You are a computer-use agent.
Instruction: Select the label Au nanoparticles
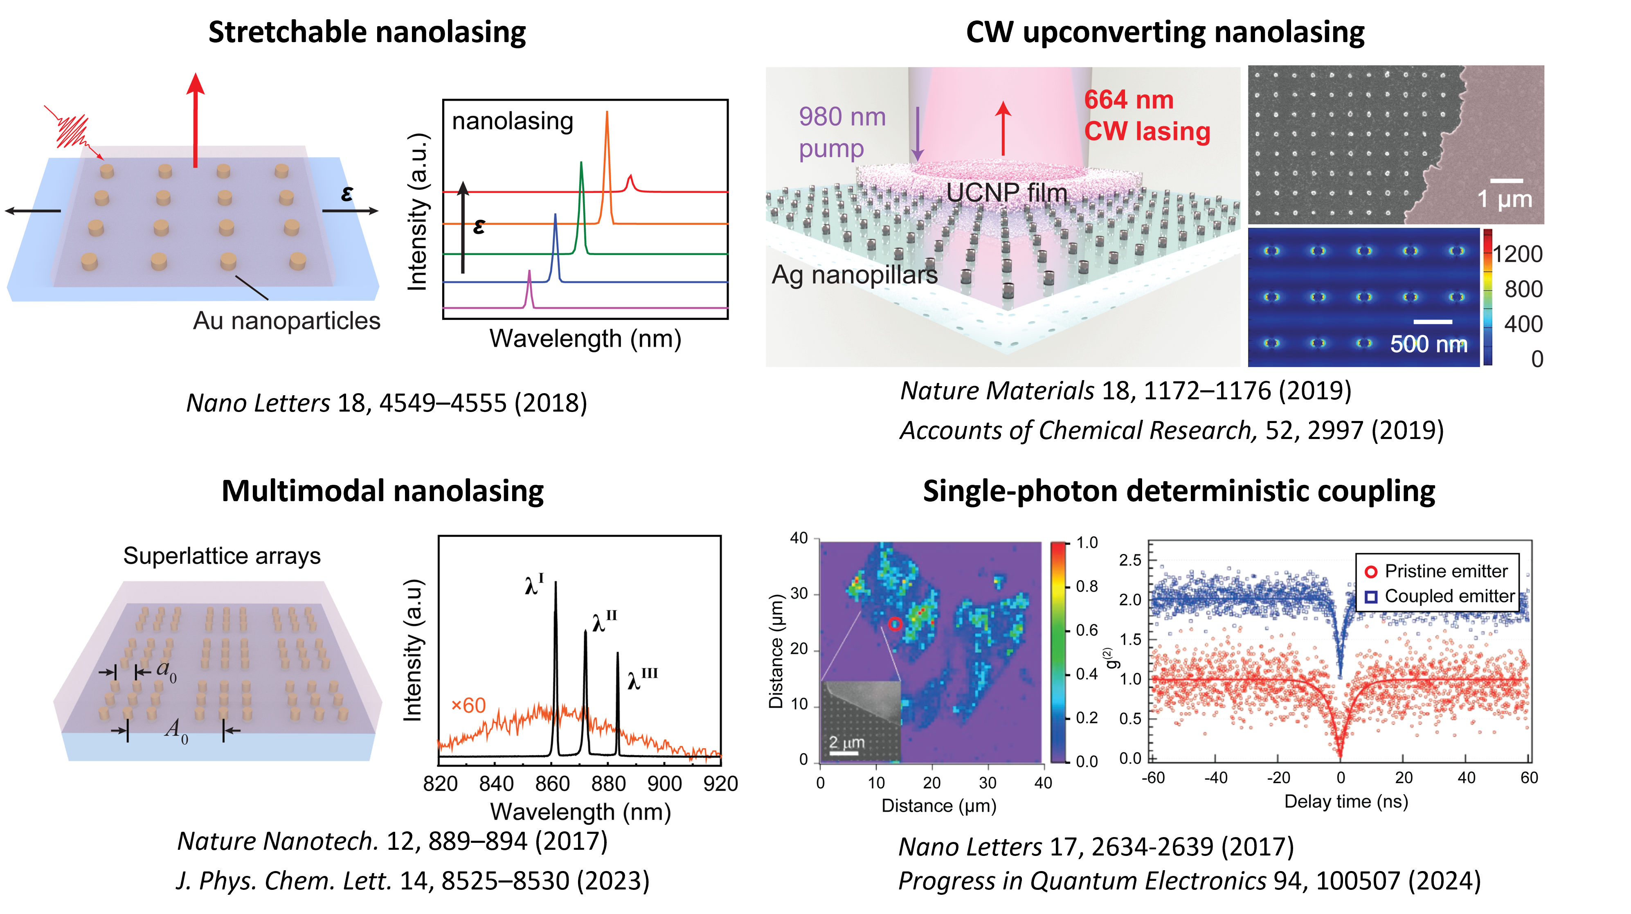click(286, 320)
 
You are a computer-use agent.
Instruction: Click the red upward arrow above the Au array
click(196, 120)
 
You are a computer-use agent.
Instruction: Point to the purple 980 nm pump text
click(842, 133)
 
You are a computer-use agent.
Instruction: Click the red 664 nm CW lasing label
click(1147, 115)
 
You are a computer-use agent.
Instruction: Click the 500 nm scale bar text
click(1429, 344)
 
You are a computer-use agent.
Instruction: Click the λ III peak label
click(643, 678)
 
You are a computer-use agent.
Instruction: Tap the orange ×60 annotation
click(468, 705)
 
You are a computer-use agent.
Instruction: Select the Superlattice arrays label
click(222, 556)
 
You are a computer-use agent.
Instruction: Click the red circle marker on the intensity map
click(894, 624)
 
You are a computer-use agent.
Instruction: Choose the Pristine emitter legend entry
click(1435, 571)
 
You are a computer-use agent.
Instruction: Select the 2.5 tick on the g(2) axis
click(1129, 560)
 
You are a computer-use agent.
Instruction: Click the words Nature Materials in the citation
click(997, 390)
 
